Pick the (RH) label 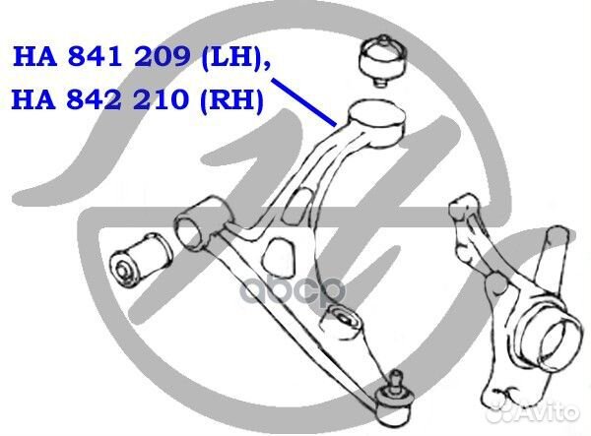231,100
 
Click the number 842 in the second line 95,99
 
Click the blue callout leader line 303,102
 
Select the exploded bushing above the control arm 382,60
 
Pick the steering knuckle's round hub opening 554,343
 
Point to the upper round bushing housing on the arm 377,122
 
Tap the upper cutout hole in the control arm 300,201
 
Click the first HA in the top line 35,57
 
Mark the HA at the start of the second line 33,99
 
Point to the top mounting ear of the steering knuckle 463,204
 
